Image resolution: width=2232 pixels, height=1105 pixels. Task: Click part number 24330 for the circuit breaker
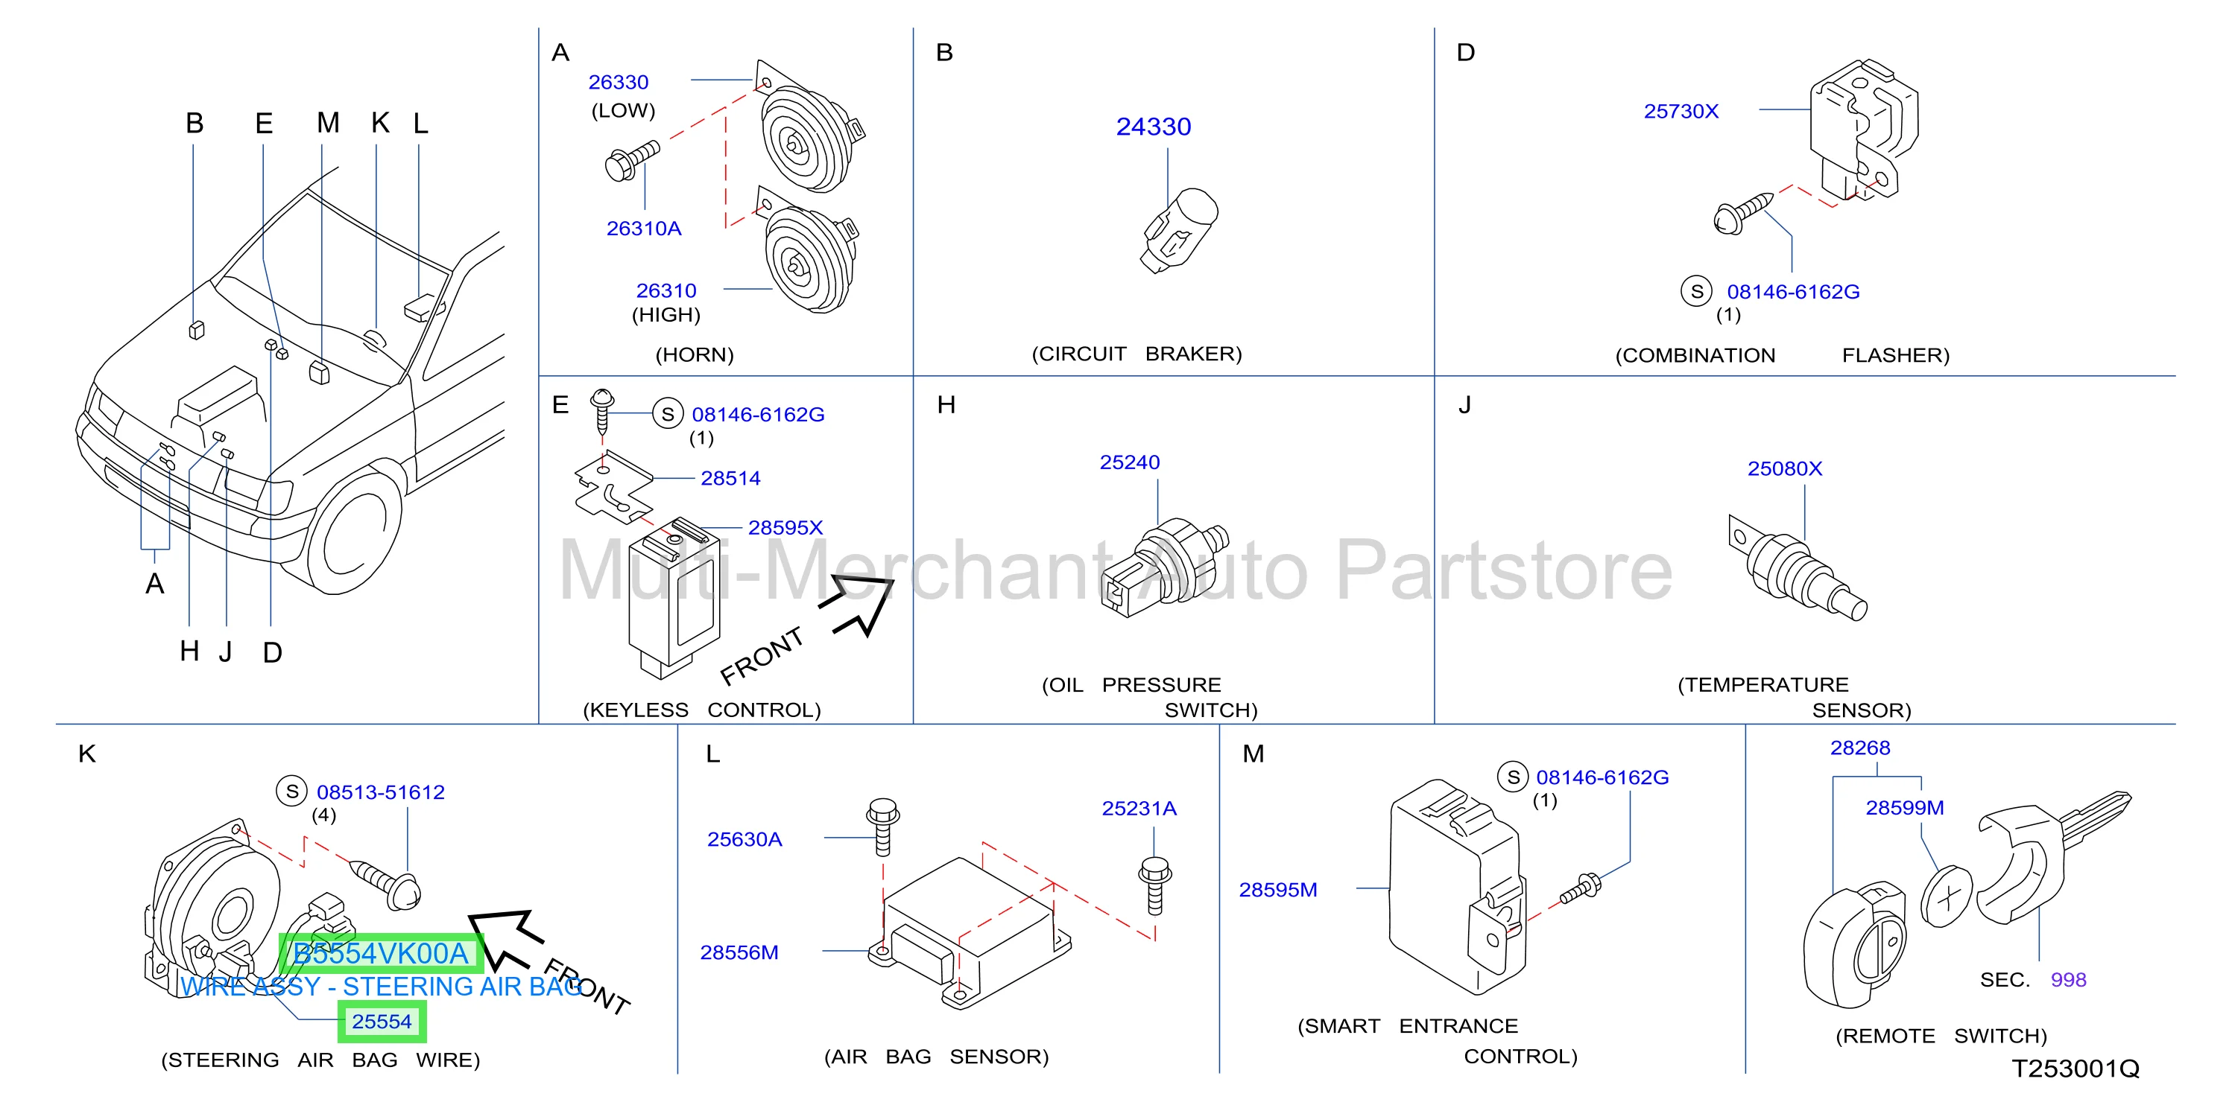(x=1153, y=127)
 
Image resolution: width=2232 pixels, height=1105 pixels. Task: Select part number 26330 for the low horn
(x=619, y=82)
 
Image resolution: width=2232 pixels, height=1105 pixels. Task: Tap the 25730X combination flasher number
(x=1681, y=111)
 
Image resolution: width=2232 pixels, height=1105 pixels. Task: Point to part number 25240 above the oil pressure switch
(x=1130, y=462)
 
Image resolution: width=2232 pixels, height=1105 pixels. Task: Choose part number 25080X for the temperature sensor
(x=1785, y=468)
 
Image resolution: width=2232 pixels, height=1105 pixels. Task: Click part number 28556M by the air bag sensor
(x=739, y=952)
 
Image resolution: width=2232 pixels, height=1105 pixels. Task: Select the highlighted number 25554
(x=382, y=1022)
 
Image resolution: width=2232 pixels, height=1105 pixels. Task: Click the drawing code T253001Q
(x=2075, y=1069)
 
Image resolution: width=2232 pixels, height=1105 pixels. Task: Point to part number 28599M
(x=1905, y=808)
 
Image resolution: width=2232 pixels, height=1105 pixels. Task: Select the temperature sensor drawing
(x=1797, y=569)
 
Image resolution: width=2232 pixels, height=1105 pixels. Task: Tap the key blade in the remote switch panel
(x=2095, y=819)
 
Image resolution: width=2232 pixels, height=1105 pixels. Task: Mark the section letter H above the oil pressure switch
(x=946, y=405)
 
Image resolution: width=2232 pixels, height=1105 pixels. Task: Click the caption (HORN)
(x=695, y=354)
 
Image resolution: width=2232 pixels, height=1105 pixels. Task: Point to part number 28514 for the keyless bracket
(x=730, y=478)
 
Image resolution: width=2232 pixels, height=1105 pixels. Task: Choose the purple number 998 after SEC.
(x=2068, y=979)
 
